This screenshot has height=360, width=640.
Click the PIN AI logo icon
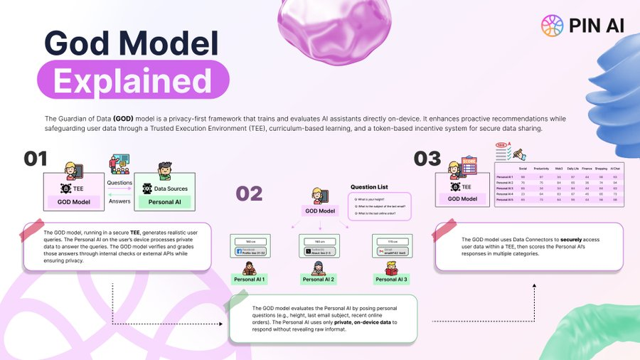(552, 26)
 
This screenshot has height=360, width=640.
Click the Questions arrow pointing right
(119, 189)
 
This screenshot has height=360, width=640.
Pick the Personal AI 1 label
(250, 280)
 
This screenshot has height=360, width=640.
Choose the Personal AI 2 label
(319, 280)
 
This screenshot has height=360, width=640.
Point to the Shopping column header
(600, 168)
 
